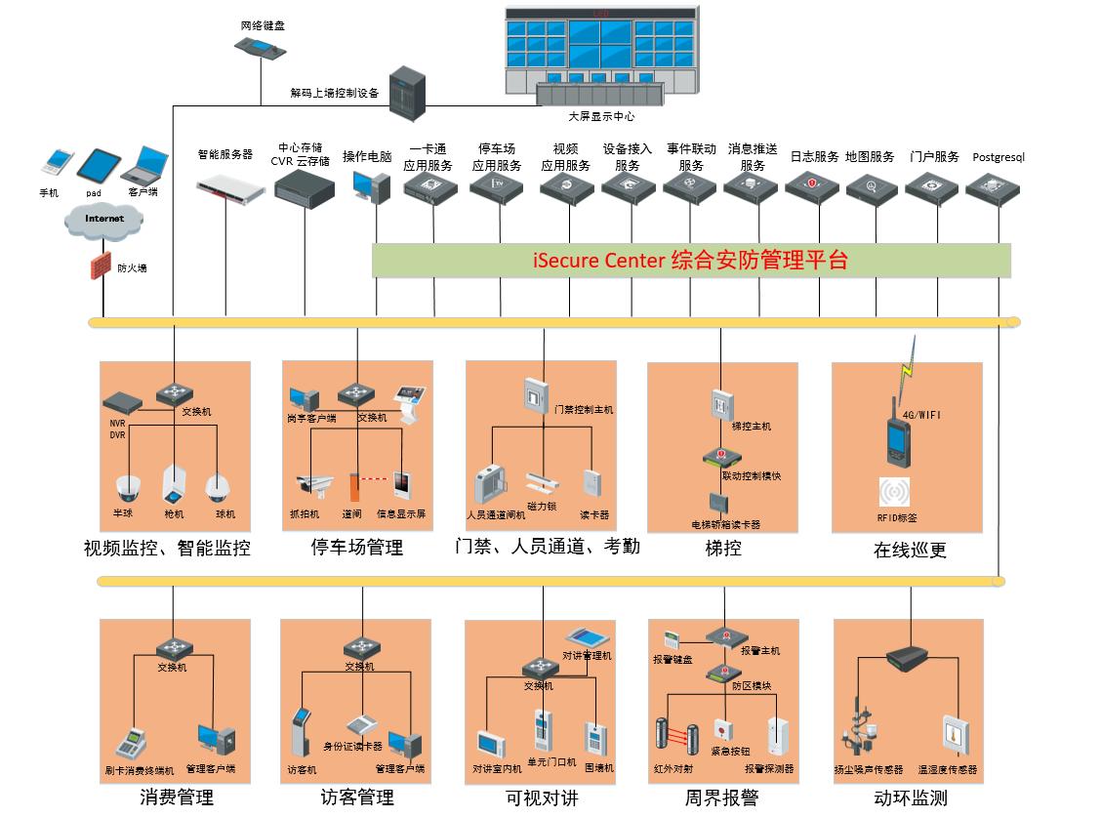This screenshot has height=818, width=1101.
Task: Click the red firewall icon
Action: tap(99, 266)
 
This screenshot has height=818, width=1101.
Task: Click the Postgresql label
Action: tap(999, 157)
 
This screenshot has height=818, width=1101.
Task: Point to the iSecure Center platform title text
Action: tap(690, 261)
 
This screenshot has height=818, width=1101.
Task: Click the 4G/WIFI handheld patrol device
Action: tap(897, 438)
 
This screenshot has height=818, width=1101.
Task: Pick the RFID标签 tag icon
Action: tap(895, 492)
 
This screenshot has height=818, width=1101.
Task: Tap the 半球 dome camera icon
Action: tap(129, 487)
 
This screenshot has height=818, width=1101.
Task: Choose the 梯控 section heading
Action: tap(723, 548)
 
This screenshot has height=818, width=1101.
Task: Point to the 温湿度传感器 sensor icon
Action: tap(954, 734)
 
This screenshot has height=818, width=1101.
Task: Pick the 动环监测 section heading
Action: tap(910, 798)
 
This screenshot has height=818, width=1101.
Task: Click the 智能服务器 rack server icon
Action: tap(230, 188)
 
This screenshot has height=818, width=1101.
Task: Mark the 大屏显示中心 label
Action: tap(601, 116)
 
